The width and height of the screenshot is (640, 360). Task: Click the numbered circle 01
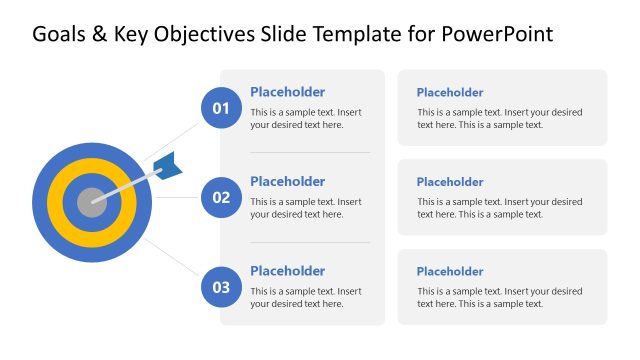pos(221,108)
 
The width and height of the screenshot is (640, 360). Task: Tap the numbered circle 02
pos(221,197)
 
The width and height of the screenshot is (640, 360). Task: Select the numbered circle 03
pos(221,287)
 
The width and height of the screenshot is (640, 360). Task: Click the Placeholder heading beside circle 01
pos(287,92)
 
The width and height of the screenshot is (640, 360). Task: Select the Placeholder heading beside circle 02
pos(287,181)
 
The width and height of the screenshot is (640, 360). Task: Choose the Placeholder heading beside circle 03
pos(287,271)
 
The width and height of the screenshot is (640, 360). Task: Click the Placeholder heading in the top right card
pos(449,93)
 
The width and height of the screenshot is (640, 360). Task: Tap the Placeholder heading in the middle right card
pos(449,182)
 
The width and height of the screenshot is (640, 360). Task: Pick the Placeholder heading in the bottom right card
pos(449,272)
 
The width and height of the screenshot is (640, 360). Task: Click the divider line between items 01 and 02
pos(310,152)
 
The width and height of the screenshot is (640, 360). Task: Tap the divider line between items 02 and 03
pos(310,242)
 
